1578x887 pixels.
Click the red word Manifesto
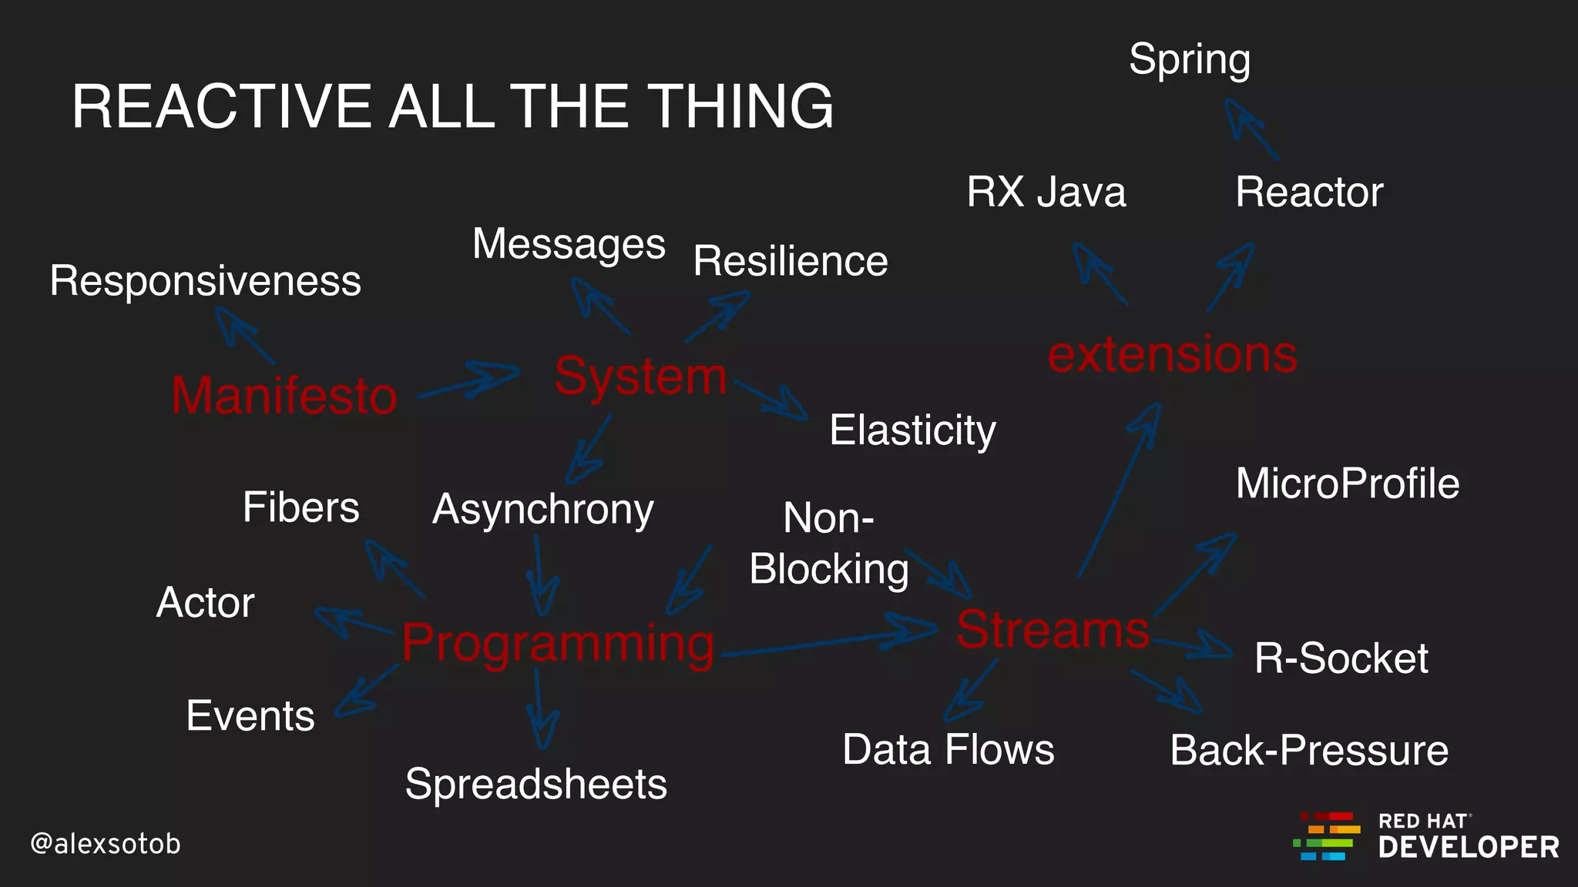284,395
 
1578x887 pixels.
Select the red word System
640,377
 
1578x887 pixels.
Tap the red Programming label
558,643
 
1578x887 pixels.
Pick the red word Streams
1053,630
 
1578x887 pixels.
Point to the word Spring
1189,59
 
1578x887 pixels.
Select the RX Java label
1046,192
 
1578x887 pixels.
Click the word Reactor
1308,192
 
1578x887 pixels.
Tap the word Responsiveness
205,280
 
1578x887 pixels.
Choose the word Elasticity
912,430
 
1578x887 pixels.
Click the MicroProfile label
1347,484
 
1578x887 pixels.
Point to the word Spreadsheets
536,784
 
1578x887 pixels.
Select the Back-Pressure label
1308,750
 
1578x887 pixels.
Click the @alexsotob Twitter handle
106,844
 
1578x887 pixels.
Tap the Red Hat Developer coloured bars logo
1326,836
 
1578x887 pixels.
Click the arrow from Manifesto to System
468,382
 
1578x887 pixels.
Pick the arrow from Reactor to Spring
1251,129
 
